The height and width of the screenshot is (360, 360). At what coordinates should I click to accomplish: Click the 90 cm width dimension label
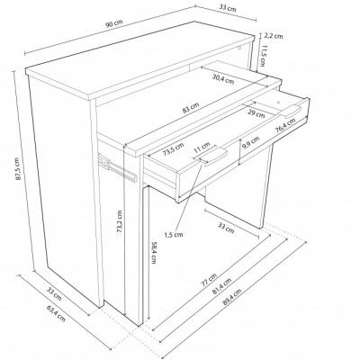114,24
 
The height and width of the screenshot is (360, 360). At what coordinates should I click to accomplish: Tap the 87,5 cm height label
18,169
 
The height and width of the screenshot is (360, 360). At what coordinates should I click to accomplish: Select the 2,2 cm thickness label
273,36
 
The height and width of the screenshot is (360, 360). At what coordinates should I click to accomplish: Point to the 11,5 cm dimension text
263,56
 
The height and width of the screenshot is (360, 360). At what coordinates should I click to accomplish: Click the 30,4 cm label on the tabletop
223,78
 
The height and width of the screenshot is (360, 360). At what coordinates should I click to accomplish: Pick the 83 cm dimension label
191,109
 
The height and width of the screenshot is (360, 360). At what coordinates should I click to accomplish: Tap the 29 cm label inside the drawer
256,113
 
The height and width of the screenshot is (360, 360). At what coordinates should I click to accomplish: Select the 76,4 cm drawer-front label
285,125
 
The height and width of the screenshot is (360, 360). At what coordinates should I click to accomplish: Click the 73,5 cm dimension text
173,148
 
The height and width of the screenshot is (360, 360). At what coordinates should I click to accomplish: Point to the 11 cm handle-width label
202,148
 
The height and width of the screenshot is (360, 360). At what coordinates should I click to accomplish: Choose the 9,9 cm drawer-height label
251,142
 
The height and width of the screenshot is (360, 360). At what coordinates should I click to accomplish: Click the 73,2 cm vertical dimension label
120,221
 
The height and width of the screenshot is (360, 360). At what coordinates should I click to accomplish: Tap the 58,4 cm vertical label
154,252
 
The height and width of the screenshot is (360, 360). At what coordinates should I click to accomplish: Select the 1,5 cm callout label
174,234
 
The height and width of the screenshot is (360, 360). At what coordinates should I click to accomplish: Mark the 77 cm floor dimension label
209,280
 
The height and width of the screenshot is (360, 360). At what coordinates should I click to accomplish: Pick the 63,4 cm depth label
56,313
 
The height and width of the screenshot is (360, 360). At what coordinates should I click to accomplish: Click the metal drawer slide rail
118,168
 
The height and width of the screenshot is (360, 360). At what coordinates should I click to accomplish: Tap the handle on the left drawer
214,156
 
